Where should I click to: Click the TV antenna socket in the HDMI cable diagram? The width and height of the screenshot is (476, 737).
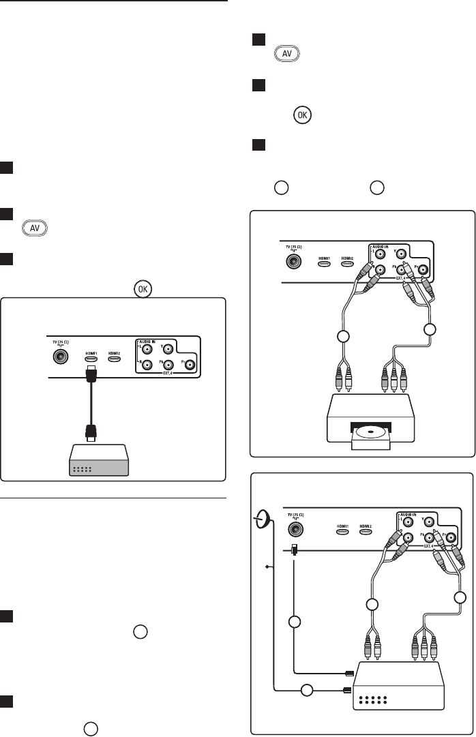57,355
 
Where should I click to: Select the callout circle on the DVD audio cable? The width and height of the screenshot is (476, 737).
344,336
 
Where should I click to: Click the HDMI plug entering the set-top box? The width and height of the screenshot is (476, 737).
346,672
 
